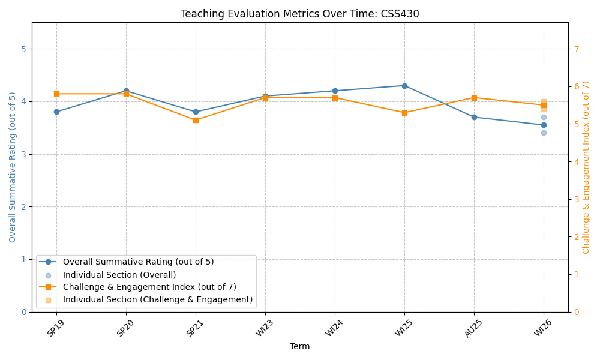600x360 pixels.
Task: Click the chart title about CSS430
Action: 300,14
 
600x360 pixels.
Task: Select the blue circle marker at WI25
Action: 404,86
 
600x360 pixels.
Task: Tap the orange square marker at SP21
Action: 196,120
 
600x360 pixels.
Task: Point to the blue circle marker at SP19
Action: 56,112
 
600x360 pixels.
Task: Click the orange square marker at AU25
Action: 474,98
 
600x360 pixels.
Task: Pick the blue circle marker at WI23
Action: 265,96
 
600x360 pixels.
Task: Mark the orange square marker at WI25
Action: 404,113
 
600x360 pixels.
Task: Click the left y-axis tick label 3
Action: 24,154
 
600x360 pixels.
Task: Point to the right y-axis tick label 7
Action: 576,49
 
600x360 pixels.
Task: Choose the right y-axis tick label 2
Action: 576,237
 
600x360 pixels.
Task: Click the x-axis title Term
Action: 300,347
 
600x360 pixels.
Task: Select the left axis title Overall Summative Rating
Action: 13,167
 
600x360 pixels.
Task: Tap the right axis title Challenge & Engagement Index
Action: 586,167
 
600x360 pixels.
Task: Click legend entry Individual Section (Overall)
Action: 119,275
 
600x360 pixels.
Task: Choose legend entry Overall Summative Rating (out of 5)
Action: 138,262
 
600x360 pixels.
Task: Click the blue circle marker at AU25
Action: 474,117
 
